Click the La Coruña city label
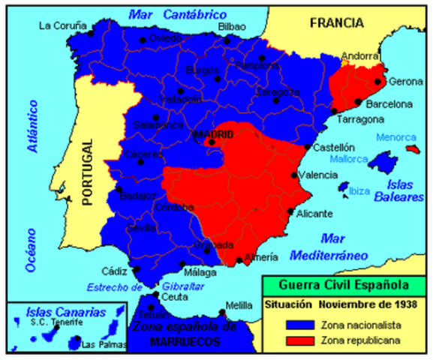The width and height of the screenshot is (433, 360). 61,25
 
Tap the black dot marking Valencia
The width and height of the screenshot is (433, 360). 294,175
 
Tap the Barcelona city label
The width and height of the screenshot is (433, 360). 388,103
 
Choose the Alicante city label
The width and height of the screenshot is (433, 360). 314,214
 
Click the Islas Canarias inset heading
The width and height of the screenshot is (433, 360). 65,310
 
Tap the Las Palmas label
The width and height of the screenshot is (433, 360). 99,345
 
